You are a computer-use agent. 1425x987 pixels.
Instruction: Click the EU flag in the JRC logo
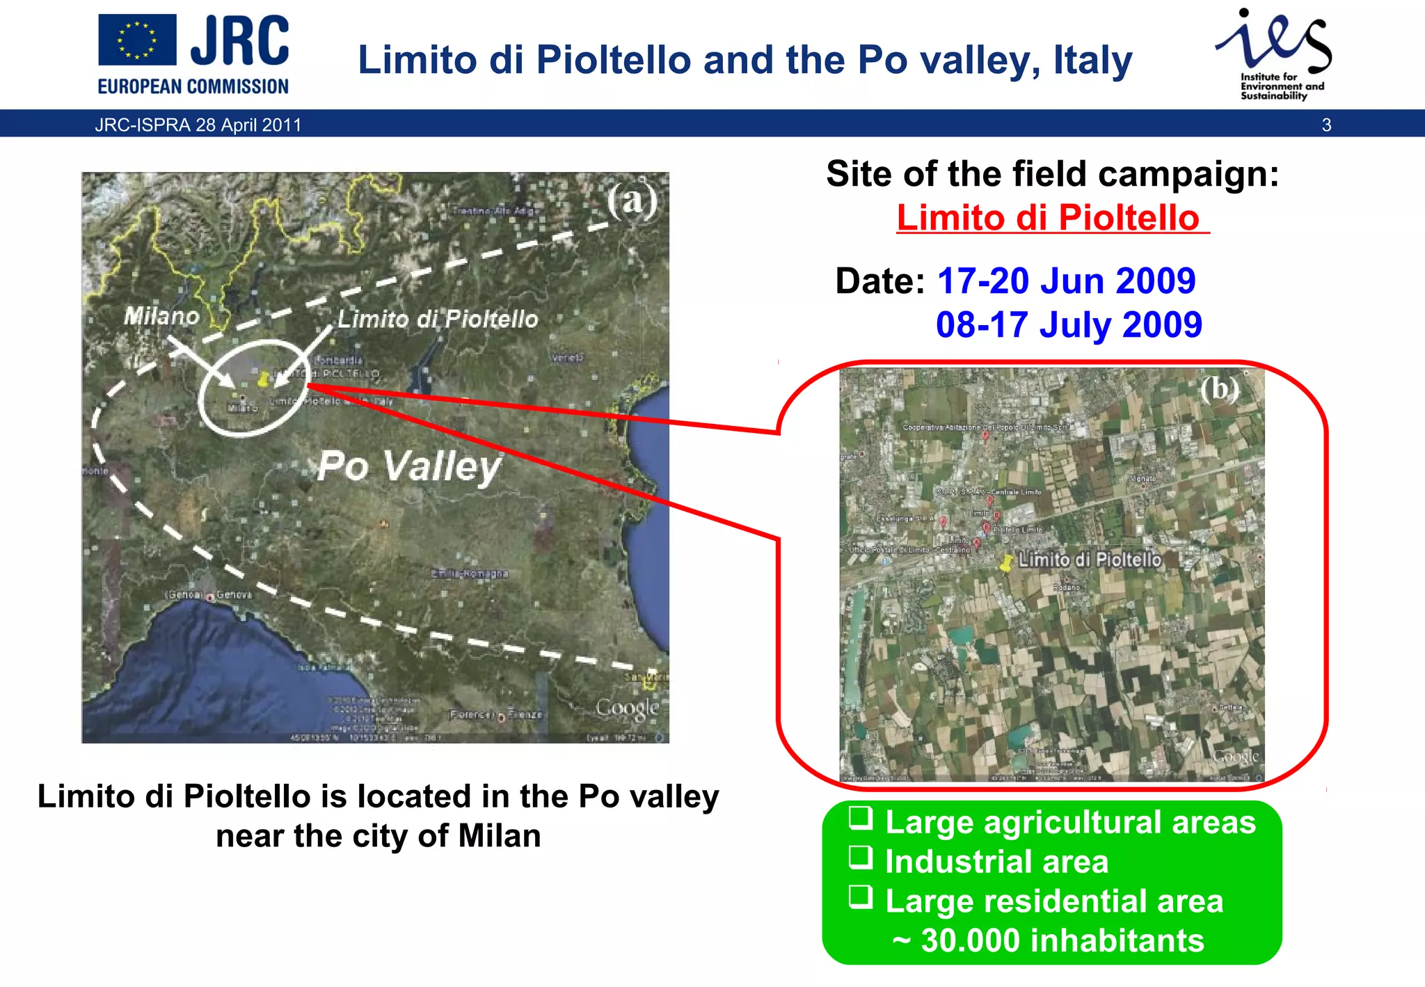point(137,40)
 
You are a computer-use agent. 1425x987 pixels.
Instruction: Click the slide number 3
point(1326,125)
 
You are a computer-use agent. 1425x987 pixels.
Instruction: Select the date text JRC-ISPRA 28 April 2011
point(198,125)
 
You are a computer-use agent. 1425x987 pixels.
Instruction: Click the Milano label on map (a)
point(161,317)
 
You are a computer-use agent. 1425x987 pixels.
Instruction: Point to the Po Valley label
point(409,466)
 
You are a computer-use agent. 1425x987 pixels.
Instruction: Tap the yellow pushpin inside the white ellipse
point(263,379)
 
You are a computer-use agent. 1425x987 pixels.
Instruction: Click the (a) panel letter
point(631,201)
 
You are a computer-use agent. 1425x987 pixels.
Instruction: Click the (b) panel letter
point(1219,388)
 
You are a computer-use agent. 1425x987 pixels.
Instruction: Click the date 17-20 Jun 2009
point(1066,281)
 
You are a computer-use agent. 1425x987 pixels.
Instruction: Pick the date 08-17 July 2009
point(1069,325)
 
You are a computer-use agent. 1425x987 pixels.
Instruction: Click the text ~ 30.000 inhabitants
point(1049,941)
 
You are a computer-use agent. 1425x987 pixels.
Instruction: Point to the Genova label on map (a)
point(233,595)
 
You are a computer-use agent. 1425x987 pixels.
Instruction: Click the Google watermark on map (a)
point(627,708)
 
